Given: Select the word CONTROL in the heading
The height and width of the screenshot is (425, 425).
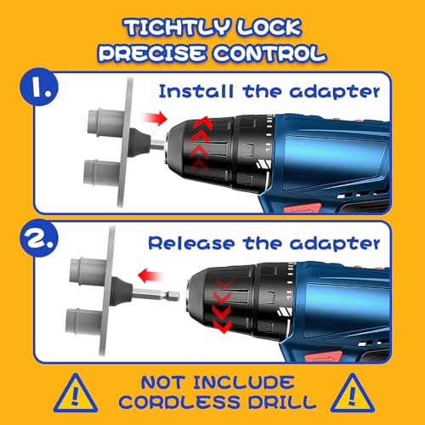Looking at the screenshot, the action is click(x=269, y=54).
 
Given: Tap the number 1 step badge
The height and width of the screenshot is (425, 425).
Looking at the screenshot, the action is click(x=38, y=87).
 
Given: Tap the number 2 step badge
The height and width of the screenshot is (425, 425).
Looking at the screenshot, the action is click(x=39, y=238).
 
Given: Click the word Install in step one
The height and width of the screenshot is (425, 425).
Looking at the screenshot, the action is click(x=196, y=91).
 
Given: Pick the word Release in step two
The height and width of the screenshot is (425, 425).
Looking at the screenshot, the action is click(x=192, y=243).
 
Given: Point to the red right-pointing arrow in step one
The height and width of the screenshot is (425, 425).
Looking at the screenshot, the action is click(x=154, y=117).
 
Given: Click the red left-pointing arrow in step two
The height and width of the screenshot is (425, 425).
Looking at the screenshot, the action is click(x=150, y=275).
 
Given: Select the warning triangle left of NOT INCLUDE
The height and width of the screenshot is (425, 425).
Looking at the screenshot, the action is click(x=76, y=394).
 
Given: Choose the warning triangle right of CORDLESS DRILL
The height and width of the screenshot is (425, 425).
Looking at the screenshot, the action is click(x=353, y=394).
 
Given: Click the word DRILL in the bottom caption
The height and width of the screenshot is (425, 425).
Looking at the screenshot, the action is click(x=282, y=402).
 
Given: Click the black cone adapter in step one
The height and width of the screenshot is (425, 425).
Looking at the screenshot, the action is click(x=139, y=142).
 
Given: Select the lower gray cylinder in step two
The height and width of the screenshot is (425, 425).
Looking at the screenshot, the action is click(x=84, y=321).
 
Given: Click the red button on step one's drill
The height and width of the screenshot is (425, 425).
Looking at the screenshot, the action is click(x=303, y=208).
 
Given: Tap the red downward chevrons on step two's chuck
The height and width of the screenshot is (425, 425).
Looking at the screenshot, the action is click(x=223, y=305).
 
